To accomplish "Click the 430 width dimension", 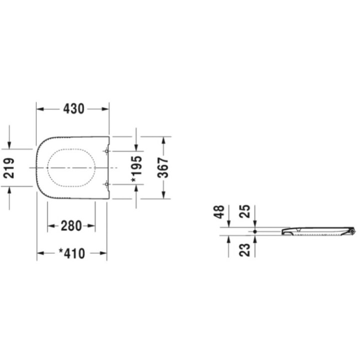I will (73, 108).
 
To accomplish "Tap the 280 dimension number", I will (71, 226).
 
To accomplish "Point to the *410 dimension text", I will (71, 253).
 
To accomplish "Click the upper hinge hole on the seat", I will (108, 150).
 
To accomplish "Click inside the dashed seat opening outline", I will (71, 167).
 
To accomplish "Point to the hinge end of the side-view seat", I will (352, 230).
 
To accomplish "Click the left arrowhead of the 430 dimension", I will (40, 108).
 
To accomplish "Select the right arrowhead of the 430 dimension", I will (105, 108).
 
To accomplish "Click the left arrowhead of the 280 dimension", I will (51, 226).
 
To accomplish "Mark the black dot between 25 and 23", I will (255, 232).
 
